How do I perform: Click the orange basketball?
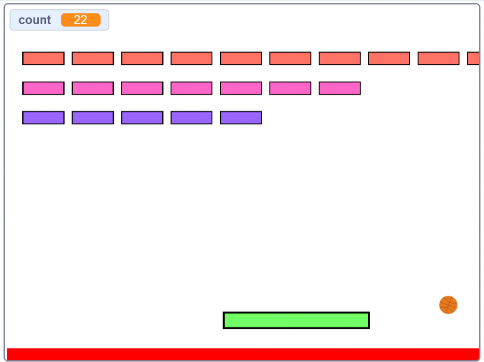tap(448, 305)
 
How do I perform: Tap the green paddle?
tap(296, 320)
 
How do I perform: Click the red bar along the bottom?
tap(243, 354)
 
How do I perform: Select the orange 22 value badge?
tap(80, 20)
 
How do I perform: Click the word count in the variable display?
tap(35, 20)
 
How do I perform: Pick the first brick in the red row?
tap(43, 58)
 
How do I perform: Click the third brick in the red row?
tap(142, 58)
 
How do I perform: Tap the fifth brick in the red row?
tap(241, 58)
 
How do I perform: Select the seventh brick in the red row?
tap(340, 58)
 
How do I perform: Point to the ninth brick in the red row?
tap(439, 58)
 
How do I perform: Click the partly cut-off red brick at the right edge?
tap(474, 58)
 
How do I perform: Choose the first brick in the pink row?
tap(43, 88)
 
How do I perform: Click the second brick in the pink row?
tap(93, 88)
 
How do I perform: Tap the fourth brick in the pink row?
tap(191, 88)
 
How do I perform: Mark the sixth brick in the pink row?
tap(290, 88)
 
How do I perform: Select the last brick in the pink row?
tap(340, 88)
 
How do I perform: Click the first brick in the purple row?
tap(43, 118)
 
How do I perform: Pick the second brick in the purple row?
tap(93, 118)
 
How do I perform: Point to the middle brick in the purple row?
tap(142, 118)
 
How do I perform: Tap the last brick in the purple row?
tap(241, 118)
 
